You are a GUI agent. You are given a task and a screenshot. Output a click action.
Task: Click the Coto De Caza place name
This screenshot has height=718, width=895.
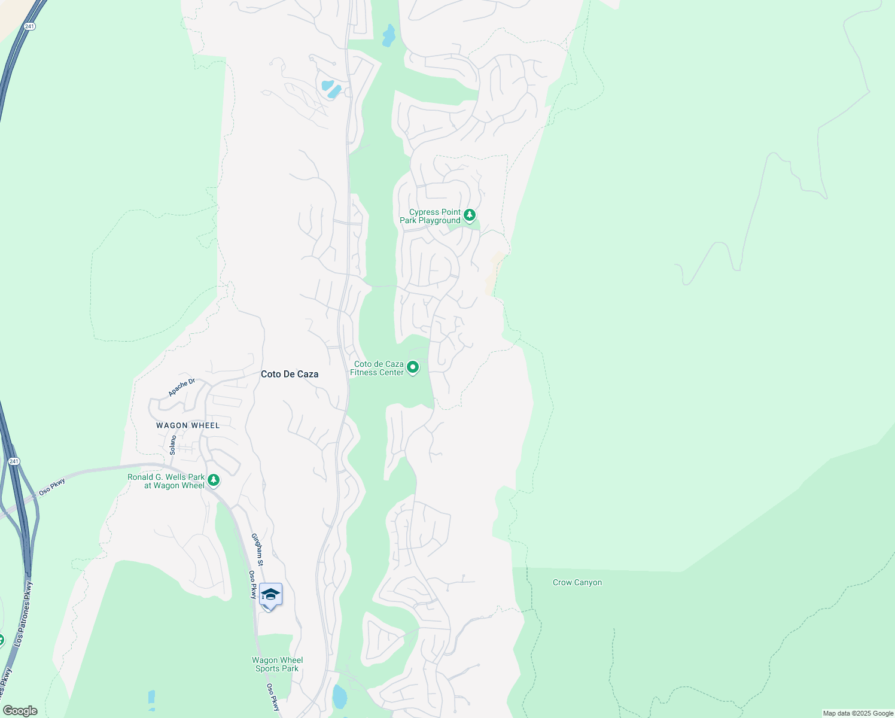[x=290, y=374]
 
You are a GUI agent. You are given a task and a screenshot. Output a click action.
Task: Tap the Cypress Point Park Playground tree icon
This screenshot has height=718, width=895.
[x=470, y=215]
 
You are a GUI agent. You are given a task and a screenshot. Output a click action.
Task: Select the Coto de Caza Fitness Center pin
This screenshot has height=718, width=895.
[x=413, y=367]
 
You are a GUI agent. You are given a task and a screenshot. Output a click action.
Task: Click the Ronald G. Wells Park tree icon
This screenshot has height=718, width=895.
[x=214, y=480]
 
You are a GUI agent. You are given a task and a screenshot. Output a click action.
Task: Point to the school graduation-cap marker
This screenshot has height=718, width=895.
[x=270, y=595]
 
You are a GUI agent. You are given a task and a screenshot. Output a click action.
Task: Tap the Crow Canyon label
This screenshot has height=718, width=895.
[x=577, y=582]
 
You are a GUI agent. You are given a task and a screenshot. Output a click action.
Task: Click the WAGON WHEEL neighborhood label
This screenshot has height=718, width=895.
[x=188, y=425]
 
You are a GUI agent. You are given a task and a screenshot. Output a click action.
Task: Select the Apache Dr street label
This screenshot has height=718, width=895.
[x=181, y=387]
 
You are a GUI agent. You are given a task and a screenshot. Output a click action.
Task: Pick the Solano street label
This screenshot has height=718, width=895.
[x=173, y=445]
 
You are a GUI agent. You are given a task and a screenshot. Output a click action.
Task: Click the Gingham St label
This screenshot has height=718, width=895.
[x=257, y=549]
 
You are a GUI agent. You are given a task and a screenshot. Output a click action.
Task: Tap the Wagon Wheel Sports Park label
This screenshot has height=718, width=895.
[x=277, y=664]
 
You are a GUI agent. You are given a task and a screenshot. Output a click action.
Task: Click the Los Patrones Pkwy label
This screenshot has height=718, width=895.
[x=25, y=613]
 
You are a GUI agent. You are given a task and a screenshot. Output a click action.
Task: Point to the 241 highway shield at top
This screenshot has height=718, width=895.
[x=29, y=26]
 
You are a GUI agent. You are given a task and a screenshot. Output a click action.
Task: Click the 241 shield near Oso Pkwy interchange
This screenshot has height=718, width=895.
[x=14, y=461]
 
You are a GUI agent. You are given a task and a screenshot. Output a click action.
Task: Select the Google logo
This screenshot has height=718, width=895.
[x=20, y=711]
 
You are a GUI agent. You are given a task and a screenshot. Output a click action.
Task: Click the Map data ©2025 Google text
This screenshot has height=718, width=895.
[x=858, y=713]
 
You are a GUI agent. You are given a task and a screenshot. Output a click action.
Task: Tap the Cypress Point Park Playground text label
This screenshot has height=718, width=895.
[x=430, y=216]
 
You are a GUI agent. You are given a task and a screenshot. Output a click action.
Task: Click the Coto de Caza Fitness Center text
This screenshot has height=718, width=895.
[x=377, y=368]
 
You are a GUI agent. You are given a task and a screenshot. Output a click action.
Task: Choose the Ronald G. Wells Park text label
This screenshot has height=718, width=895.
[x=166, y=481]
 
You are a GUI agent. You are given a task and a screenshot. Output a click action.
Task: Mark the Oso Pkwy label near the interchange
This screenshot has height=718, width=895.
[x=52, y=487]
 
